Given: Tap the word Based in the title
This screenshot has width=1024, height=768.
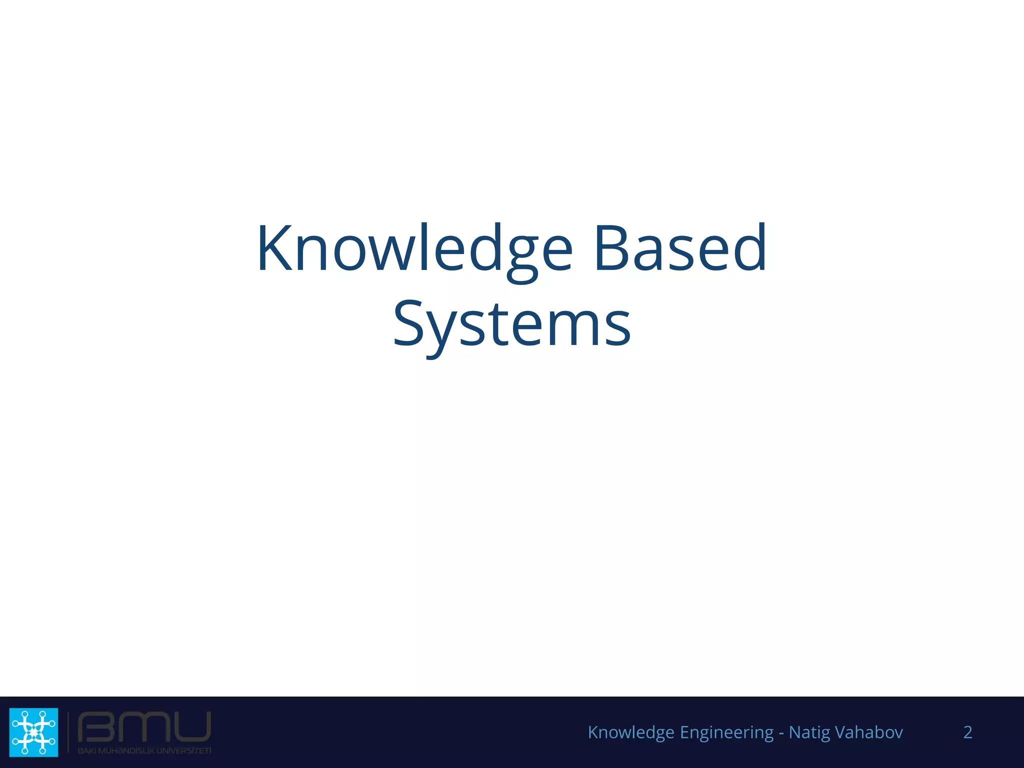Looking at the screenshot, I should click(x=680, y=248).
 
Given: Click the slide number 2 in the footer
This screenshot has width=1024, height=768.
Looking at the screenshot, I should click(x=967, y=732).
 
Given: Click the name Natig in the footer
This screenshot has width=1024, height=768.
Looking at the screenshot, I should click(x=808, y=732).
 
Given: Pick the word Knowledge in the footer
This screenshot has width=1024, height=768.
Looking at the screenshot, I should click(x=631, y=732).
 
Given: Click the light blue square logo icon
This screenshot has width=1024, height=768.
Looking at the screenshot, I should click(x=33, y=732).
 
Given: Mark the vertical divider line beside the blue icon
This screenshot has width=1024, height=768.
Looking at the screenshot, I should click(x=68, y=732).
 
